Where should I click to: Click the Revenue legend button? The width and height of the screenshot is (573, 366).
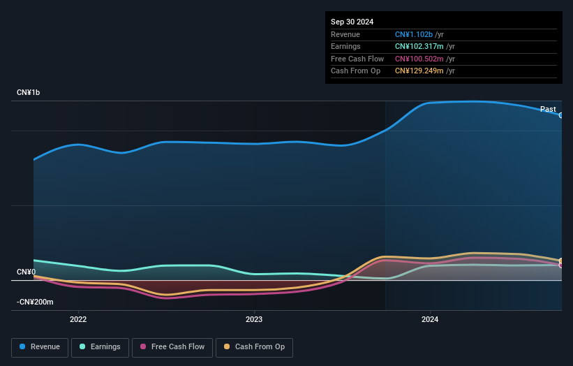click(39, 347)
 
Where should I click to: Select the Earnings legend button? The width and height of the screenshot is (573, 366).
click(99, 347)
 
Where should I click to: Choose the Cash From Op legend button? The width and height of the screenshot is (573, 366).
click(254, 347)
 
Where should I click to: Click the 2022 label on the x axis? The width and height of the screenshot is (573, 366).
click(78, 320)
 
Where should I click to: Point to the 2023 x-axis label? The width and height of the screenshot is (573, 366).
click(254, 320)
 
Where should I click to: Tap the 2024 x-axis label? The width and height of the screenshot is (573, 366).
click(430, 320)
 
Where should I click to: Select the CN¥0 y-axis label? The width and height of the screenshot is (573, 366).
click(26, 272)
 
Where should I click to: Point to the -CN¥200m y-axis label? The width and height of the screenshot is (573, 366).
click(35, 302)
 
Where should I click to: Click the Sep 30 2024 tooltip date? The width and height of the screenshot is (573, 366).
click(352, 22)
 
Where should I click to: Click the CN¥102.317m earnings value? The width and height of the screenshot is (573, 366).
click(419, 47)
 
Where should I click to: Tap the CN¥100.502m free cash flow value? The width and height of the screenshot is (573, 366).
click(419, 59)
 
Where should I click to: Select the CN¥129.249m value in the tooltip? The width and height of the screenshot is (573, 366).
click(419, 71)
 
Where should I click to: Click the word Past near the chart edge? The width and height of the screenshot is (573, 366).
click(548, 109)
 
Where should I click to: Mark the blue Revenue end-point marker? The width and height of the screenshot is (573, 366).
click(561, 115)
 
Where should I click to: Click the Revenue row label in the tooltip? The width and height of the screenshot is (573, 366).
click(345, 34)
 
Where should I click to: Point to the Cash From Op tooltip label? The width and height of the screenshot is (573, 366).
click(355, 71)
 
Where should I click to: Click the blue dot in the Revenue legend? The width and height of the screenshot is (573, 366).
click(23, 347)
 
